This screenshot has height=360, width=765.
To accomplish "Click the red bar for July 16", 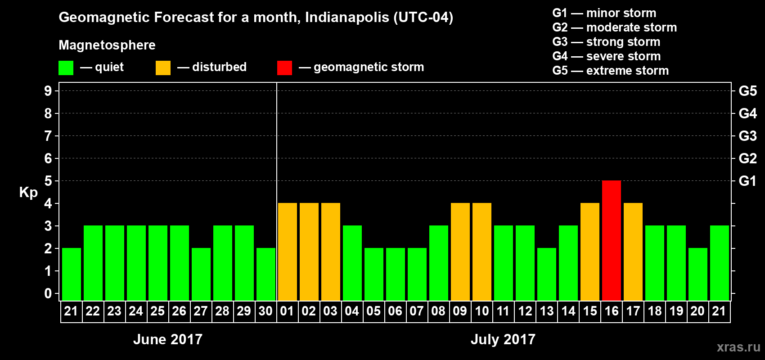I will [612, 240].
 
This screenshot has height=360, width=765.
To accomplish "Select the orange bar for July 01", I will [288, 252].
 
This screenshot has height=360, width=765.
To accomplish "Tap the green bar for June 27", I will [201, 274].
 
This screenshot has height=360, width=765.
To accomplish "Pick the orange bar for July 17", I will [633, 252].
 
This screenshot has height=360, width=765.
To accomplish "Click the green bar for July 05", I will [374, 274].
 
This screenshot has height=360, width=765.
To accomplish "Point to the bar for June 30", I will [266, 274].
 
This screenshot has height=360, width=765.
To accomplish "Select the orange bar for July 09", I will [460, 252].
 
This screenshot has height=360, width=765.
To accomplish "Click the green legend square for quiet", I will [66, 68].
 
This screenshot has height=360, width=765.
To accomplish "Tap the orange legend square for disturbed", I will [163, 68].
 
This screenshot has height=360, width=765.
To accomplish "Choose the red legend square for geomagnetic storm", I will [284, 68].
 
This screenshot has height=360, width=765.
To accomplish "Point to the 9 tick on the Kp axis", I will [48, 91].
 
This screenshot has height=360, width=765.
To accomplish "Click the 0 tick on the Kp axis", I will [48, 293].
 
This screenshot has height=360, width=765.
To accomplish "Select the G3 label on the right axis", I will [747, 136].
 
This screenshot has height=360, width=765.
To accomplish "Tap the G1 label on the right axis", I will [747, 181].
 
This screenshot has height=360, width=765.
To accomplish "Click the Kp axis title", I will [28, 193].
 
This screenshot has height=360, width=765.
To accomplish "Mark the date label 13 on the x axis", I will [547, 311].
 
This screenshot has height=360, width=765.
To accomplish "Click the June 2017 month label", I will [168, 339].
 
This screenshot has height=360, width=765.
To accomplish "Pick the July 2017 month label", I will [503, 339].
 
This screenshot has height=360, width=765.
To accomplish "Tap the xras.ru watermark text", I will [738, 347].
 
